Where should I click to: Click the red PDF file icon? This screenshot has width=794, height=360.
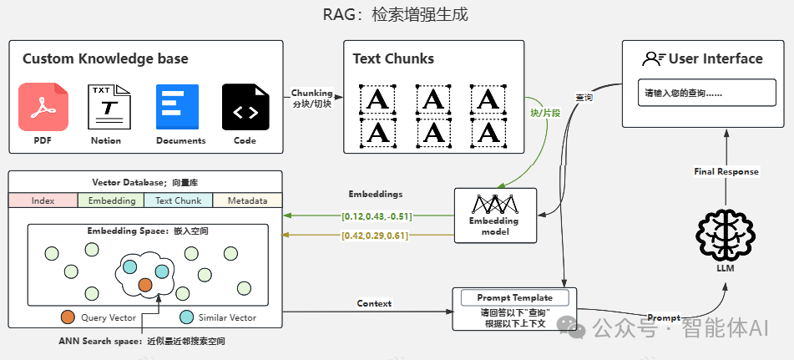43,107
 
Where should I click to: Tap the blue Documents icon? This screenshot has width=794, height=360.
177,107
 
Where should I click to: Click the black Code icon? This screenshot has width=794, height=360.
245,107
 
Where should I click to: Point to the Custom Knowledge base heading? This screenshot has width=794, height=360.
105,58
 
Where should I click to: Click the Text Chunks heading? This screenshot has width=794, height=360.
393,58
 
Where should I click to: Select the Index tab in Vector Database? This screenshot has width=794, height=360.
43,201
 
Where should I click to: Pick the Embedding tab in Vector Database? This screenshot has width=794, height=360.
111,201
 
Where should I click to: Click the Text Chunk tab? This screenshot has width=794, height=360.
179,201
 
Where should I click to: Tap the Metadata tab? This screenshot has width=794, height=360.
248,201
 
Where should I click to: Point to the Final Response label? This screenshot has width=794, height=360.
726,171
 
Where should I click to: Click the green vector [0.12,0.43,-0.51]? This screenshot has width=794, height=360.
377,216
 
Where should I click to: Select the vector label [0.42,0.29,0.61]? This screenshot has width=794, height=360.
375,236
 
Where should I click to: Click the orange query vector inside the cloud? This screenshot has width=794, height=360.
145,285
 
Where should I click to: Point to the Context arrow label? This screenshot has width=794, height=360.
374,303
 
